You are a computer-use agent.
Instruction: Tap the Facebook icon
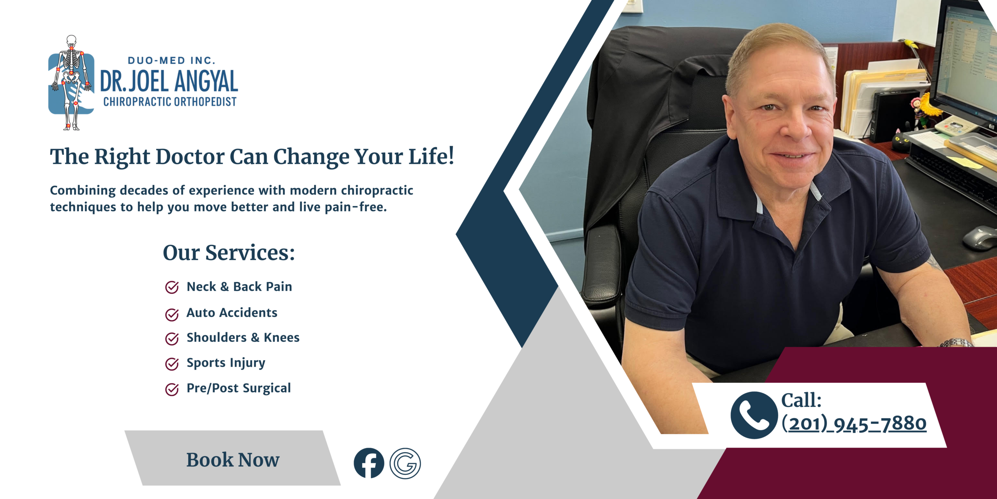click(369, 463)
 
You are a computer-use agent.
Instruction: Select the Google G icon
click(405, 463)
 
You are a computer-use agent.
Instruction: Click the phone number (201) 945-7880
click(854, 423)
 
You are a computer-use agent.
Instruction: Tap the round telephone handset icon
click(754, 415)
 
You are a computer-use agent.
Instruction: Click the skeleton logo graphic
click(71, 83)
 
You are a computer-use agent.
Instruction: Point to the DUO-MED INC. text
click(171, 60)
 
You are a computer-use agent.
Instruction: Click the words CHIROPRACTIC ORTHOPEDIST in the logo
click(170, 102)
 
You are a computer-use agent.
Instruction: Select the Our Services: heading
click(229, 253)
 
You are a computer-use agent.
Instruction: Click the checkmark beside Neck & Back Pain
click(172, 287)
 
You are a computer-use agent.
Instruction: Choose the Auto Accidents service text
click(232, 313)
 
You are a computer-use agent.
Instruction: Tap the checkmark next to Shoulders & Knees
click(172, 339)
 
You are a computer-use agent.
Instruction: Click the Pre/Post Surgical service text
click(239, 388)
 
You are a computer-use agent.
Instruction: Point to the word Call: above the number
click(801, 400)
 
